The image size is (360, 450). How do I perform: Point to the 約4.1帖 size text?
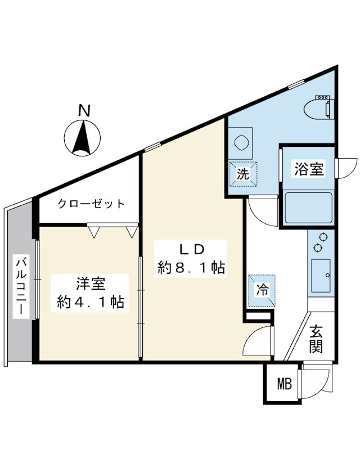[x=91, y=302]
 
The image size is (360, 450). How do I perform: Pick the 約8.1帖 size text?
[x=191, y=268]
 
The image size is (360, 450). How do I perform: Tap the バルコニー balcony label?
[x=21, y=287]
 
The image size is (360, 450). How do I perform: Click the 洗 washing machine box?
[x=243, y=174]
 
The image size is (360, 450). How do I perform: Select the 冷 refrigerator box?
[x=262, y=290]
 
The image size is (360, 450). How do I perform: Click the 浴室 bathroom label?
[x=309, y=169]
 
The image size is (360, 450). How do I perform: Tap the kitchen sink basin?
[x=321, y=276]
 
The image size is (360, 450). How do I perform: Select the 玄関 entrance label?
[x=316, y=339]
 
